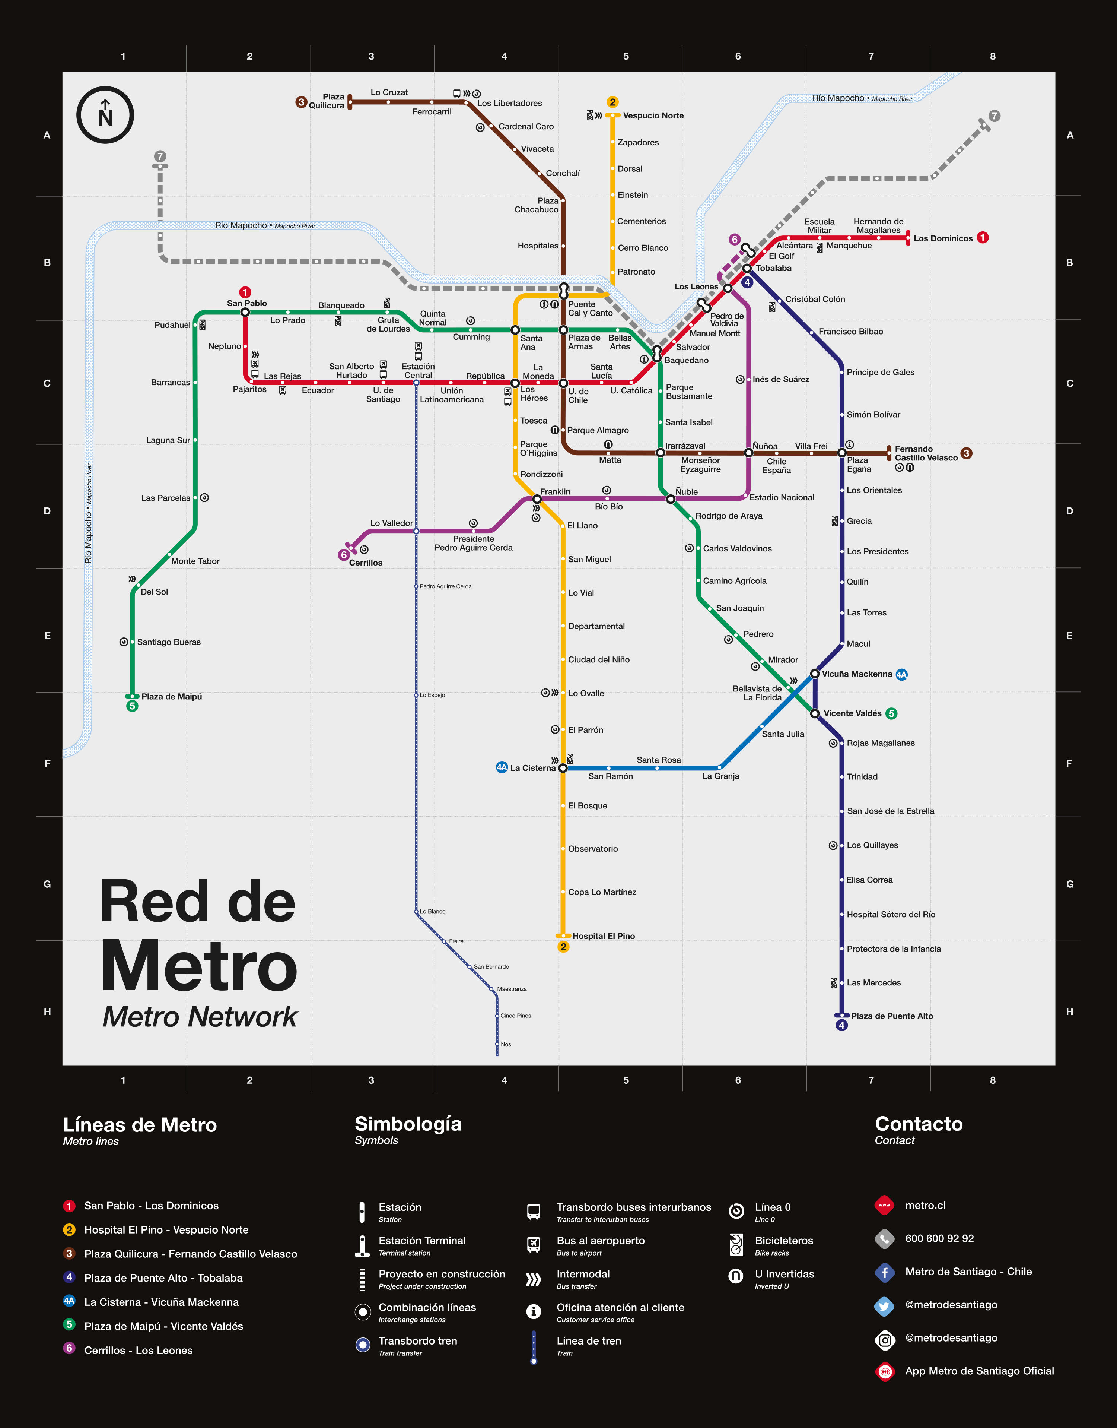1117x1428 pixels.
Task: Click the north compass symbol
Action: [x=105, y=115]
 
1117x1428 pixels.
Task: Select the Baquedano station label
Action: [x=686, y=361]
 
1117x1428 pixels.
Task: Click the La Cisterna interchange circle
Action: [x=563, y=768]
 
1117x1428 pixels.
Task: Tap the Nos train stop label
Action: [x=506, y=1045]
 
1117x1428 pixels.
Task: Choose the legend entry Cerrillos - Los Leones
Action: [x=138, y=1350]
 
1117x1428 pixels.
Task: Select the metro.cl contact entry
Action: [x=925, y=1206]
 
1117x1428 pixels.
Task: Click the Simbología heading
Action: [x=408, y=1124]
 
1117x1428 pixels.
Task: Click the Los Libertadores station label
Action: [x=509, y=104]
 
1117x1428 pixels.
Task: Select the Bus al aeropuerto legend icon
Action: [x=534, y=1245]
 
